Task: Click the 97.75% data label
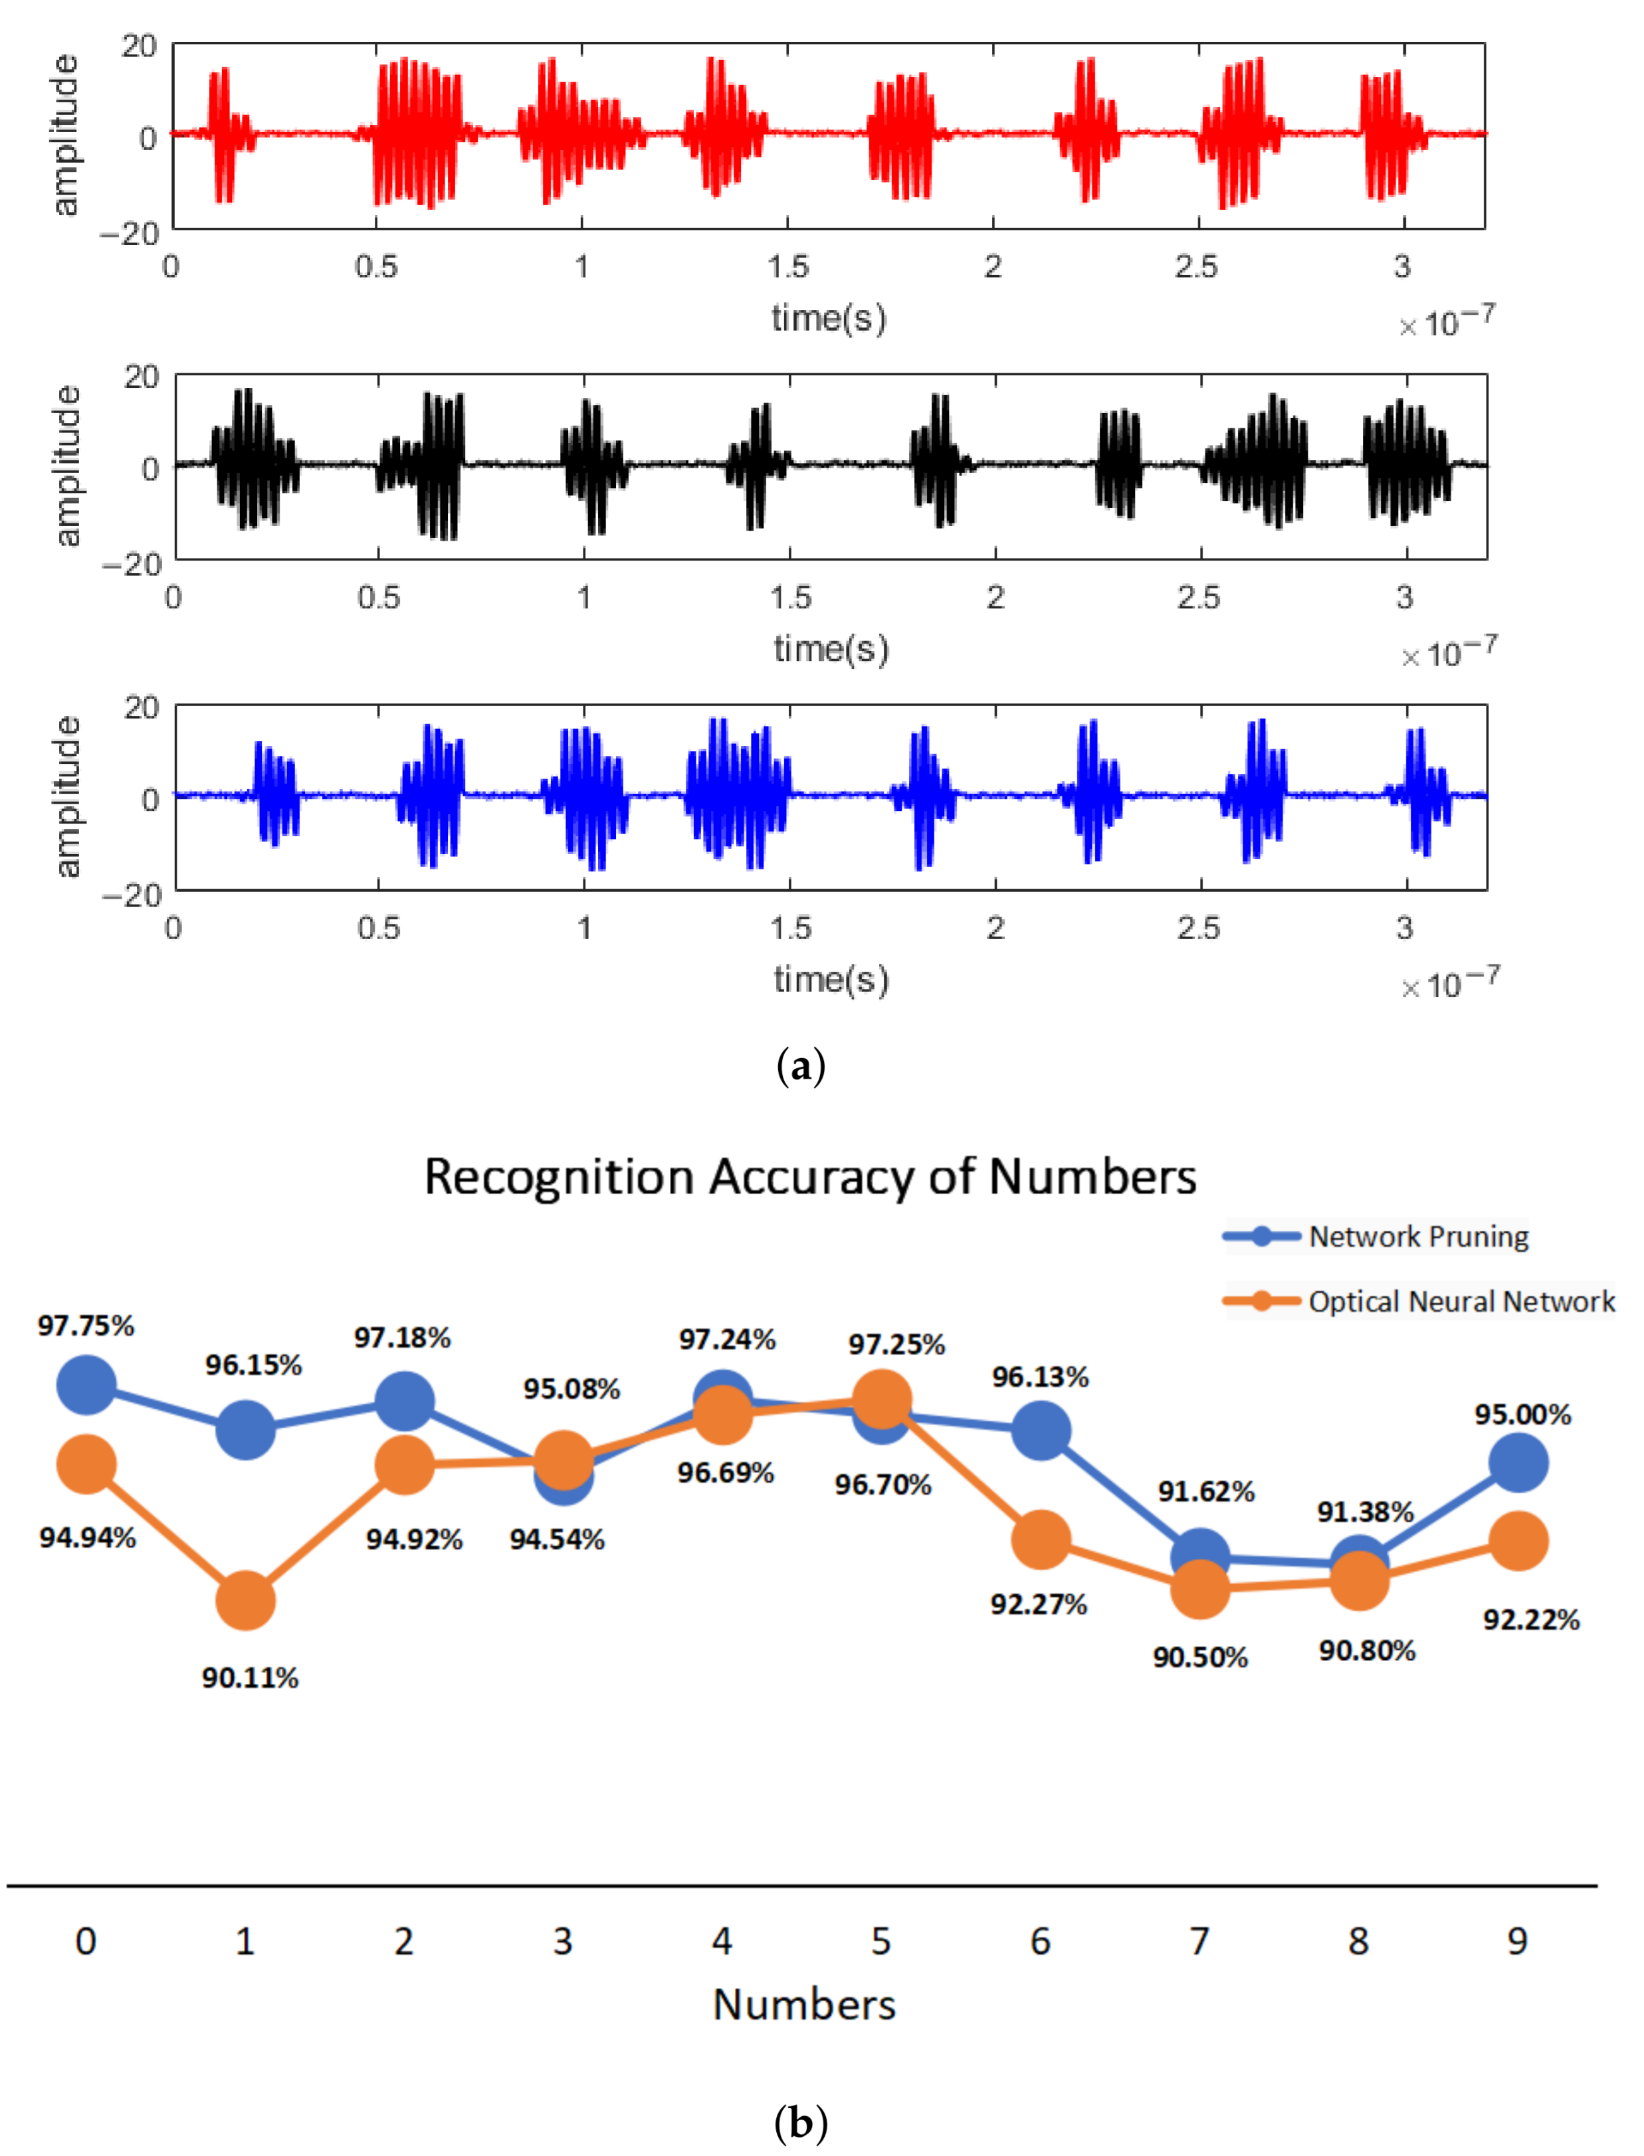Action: [x=86, y=1326]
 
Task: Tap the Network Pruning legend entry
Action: [x=1417, y=1237]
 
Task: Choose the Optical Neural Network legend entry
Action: [x=1460, y=1301]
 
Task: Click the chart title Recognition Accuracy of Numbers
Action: [x=809, y=1177]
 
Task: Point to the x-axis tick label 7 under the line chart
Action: [x=1199, y=1941]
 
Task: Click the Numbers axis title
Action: [x=803, y=2005]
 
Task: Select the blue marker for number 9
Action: [x=1517, y=1463]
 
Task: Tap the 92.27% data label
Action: [x=1038, y=1604]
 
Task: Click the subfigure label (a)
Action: [x=801, y=1065]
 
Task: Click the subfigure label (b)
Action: [x=801, y=2123]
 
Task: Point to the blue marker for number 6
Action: [x=1040, y=1430]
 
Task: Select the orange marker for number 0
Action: [x=87, y=1465]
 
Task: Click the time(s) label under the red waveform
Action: [x=828, y=318]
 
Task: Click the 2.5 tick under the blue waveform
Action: [x=1199, y=927]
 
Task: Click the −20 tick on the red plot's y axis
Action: [x=130, y=233]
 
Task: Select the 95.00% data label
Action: [x=1522, y=1415]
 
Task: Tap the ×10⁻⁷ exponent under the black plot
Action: [x=1447, y=652]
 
